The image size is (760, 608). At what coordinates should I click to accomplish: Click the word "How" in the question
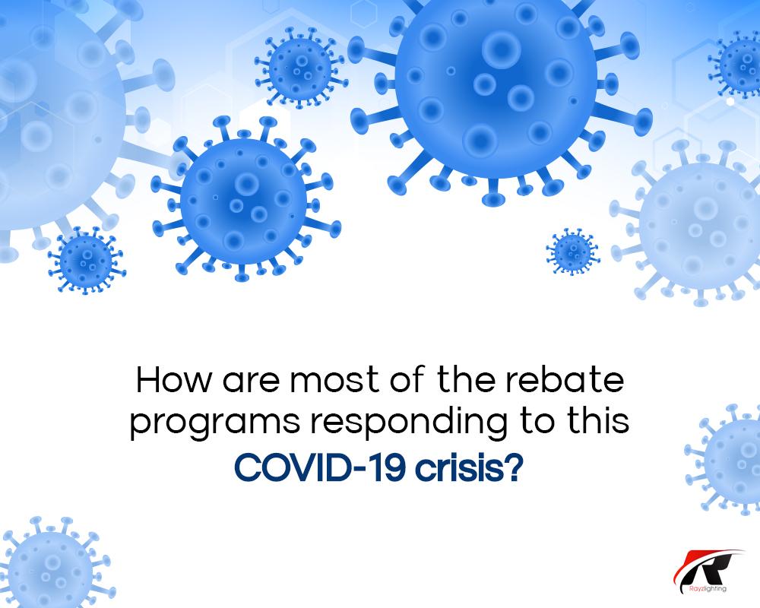[173, 380]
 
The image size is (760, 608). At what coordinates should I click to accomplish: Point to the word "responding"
[409, 423]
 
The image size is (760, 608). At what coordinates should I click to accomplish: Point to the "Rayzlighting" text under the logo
[708, 589]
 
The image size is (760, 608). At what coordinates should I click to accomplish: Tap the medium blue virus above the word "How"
[245, 199]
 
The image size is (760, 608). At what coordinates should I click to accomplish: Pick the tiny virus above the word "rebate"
[572, 252]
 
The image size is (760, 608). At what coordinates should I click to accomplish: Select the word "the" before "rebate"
[466, 380]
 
